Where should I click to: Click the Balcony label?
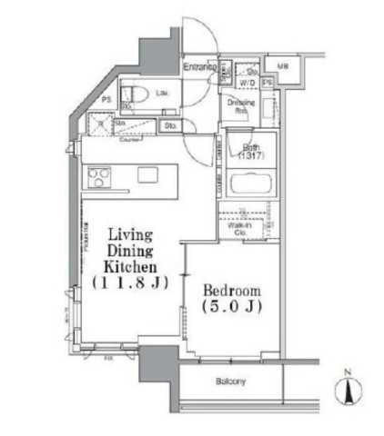tap(232, 381)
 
